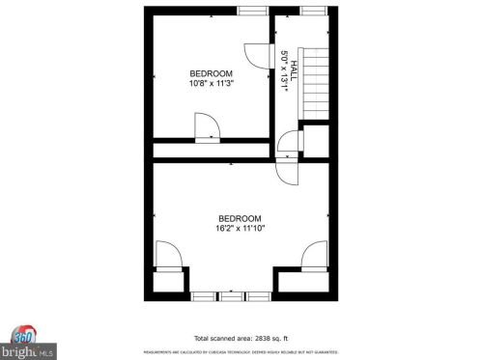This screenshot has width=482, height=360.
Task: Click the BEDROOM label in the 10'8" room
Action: click(x=211, y=74)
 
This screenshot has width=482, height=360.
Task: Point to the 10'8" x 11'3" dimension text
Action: click(x=211, y=84)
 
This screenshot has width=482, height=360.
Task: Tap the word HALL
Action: click(x=294, y=66)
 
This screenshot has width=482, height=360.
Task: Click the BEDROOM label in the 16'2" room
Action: click(x=240, y=218)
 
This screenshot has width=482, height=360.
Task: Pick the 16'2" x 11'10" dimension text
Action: click(x=240, y=228)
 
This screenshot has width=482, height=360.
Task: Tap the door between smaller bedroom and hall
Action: click(x=256, y=55)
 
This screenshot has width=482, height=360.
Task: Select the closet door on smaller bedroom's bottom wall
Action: click(x=206, y=128)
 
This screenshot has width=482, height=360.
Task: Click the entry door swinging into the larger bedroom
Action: click(x=288, y=170)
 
